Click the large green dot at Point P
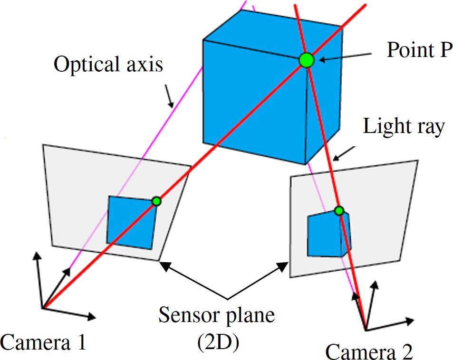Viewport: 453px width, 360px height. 307,60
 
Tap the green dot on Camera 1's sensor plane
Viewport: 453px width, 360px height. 156,201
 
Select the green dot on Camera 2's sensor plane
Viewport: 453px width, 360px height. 338,210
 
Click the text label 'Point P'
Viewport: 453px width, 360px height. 418,50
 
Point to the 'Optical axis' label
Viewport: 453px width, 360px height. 108,64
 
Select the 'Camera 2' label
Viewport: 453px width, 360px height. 369,352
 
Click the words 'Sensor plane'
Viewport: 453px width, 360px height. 217,315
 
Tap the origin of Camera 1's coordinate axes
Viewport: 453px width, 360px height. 43,308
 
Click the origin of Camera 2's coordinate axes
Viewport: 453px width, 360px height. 366,330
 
